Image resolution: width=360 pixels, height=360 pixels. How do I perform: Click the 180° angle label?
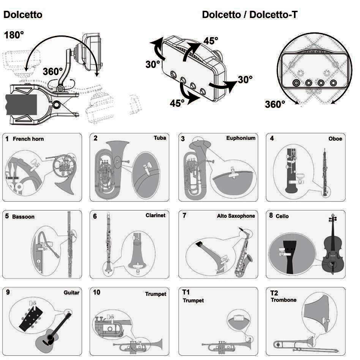pos(14,35)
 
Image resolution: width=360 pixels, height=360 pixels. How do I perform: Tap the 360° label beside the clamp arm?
pos(53,71)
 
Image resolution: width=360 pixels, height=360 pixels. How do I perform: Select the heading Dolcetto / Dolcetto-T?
pos(250,14)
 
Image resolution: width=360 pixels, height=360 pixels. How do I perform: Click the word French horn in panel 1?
pos(28,139)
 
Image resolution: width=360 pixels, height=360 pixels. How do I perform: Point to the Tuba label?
pos(160,138)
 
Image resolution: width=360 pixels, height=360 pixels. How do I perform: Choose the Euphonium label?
pos(241,138)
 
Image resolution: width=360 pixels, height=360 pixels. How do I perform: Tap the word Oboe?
pos(335,139)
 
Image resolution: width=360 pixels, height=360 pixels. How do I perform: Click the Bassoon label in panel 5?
pos(23,217)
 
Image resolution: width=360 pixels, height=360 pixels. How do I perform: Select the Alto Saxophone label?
pos(236,216)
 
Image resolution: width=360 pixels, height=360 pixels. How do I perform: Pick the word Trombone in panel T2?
pos(284,300)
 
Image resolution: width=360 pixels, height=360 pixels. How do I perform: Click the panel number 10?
pos(97,292)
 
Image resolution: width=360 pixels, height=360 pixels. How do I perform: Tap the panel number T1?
pos(186,292)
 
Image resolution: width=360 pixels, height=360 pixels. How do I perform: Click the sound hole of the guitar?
pos(50,337)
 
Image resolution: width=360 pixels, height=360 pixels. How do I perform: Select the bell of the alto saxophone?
pos(248,259)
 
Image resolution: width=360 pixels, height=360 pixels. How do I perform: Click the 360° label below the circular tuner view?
pos(275,104)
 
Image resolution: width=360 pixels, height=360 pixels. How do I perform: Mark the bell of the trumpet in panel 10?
pos(158,344)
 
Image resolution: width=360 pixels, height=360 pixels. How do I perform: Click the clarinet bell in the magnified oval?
pos(137,260)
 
